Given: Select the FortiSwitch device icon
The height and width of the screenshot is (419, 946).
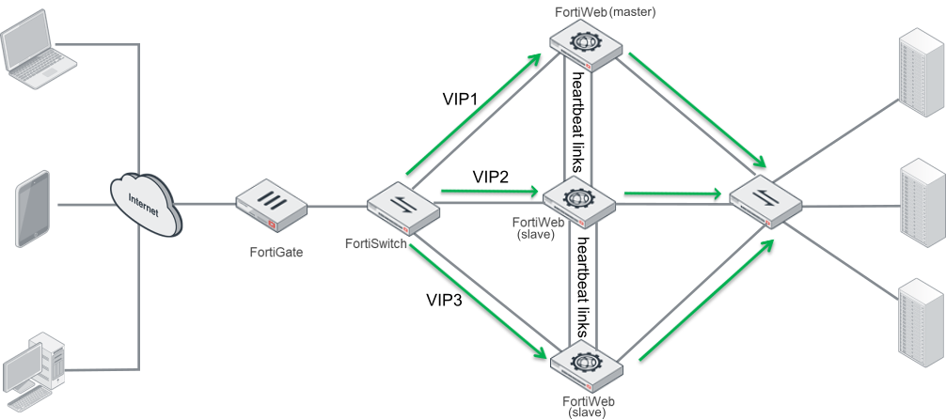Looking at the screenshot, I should click(x=402, y=208).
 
